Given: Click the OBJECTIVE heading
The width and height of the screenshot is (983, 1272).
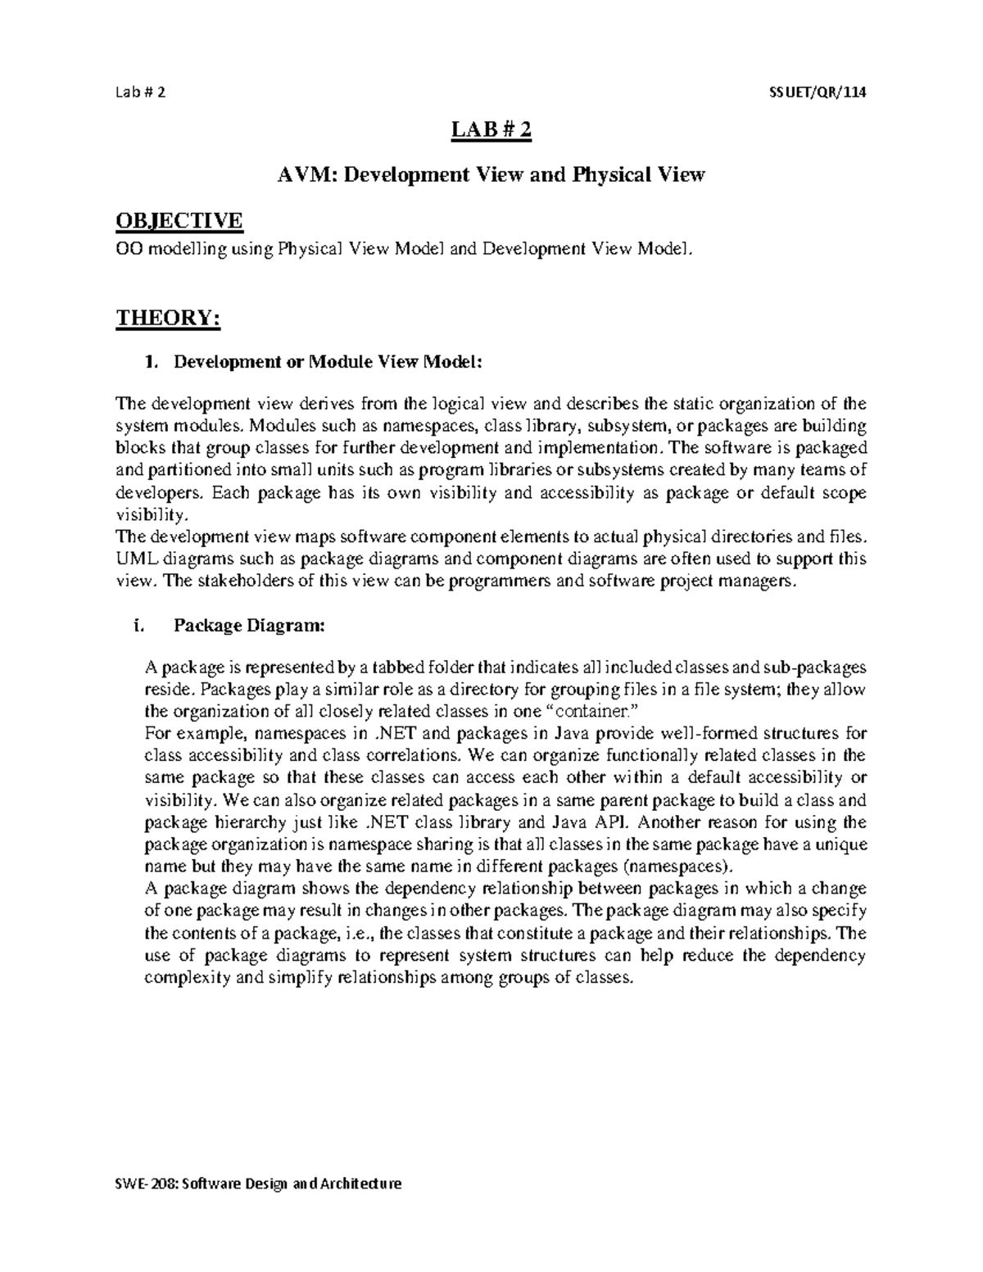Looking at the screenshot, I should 179,220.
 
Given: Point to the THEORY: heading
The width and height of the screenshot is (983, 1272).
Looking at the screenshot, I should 169,317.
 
